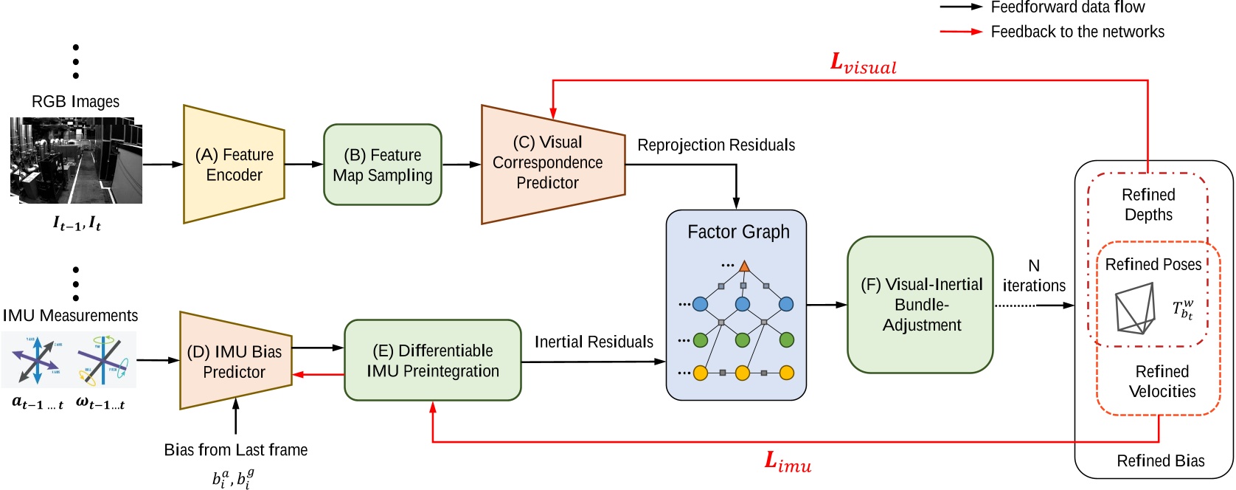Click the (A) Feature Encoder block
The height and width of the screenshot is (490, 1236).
click(234, 165)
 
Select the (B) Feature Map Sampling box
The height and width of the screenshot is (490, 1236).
click(382, 165)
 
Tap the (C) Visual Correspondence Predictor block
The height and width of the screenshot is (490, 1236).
click(549, 163)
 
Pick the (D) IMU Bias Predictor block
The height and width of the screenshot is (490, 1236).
click(235, 361)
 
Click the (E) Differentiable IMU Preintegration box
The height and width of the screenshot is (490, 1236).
click(433, 360)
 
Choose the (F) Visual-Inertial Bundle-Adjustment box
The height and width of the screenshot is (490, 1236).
click(920, 304)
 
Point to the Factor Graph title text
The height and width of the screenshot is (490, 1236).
click(738, 232)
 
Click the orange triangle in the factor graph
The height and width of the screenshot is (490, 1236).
click(744, 266)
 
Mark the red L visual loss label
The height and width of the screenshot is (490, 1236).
click(863, 64)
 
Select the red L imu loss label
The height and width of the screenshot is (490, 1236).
click(788, 463)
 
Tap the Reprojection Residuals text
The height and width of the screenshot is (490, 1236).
click(715, 145)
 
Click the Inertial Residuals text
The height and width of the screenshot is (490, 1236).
click(594, 342)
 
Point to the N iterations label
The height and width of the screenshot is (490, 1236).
click(1034, 276)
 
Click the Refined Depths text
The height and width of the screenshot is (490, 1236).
click(1148, 204)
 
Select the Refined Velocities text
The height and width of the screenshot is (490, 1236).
click(1162, 381)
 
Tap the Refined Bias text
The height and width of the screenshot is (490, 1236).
click(1160, 460)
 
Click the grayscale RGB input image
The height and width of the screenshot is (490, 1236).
click(76, 160)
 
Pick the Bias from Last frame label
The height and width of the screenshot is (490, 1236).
click(235, 449)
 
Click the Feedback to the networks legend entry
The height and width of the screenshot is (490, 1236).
click(1077, 32)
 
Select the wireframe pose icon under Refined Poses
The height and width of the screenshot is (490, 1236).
click(1134, 311)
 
